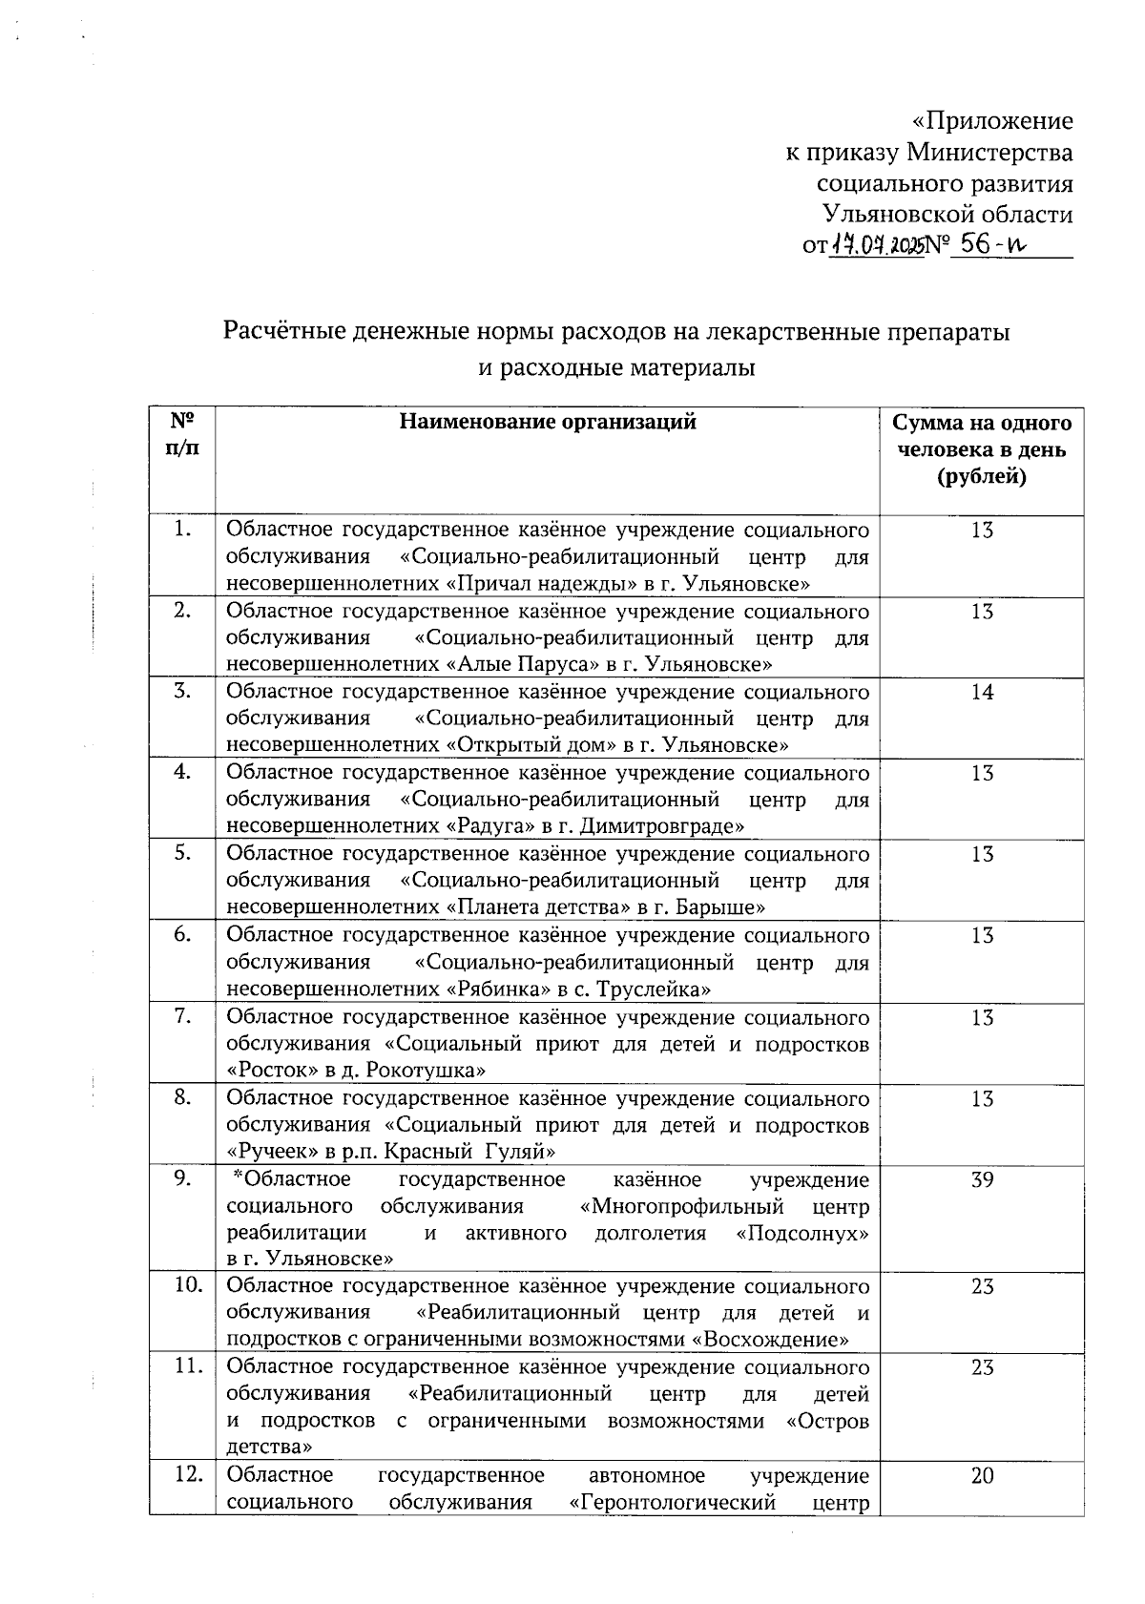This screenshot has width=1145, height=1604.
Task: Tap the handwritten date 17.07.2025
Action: pos(877,246)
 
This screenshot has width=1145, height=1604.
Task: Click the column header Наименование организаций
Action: pos(547,422)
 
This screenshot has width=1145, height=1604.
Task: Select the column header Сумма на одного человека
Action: pos(981,448)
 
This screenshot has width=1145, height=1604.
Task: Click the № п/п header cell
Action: pos(182,434)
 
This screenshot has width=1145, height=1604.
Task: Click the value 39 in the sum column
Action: pos(982,1180)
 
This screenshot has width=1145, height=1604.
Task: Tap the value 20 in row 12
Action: pos(982,1476)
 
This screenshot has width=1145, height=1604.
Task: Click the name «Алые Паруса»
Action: pos(527,664)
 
